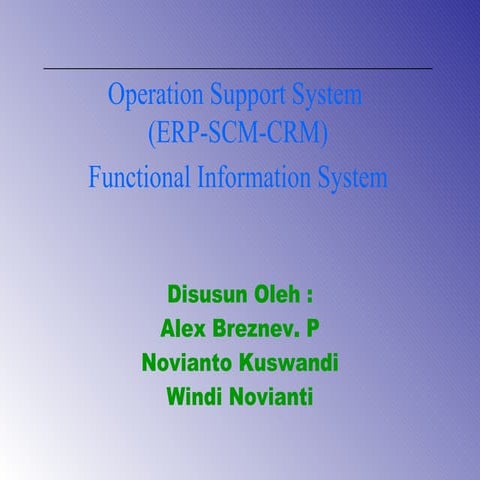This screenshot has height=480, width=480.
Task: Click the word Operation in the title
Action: [x=155, y=98]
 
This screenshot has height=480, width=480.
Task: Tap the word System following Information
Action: [x=348, y=179]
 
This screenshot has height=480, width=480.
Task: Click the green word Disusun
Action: [x=206, y=296]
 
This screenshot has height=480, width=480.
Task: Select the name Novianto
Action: [x=189, y=363]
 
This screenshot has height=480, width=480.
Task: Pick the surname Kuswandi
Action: [x=290, y=363]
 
